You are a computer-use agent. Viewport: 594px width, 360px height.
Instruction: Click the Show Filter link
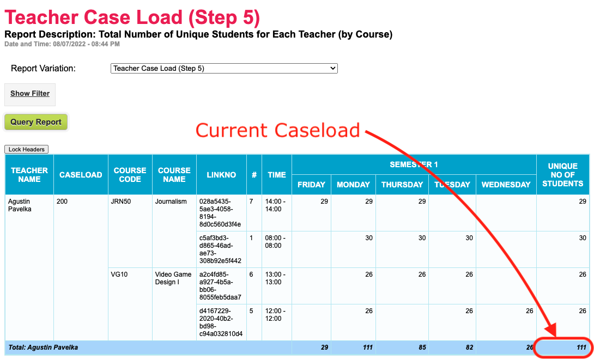tap(30, 94)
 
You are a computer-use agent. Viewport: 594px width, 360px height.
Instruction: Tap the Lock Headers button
tap(27, 149)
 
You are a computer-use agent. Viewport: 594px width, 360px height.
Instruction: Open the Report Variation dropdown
tap(224, 69)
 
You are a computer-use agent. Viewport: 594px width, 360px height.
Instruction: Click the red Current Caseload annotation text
tap(278, 130)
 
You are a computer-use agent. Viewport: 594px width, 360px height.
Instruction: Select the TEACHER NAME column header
tap(29, 174)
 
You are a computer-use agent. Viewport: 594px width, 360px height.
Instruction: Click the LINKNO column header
tap(221, 175)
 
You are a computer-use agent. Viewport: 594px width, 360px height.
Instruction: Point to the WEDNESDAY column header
tap(506, 185)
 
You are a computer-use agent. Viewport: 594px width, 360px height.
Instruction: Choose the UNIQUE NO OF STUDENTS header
tap(562, 175)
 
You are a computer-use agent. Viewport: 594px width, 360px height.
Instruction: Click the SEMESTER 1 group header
tap(414, 164)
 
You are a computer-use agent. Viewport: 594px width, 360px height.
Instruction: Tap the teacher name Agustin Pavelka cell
tap(20, 205)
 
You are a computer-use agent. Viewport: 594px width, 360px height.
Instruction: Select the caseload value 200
tap(62, 202)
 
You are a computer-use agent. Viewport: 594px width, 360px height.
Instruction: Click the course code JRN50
tap(121, 202)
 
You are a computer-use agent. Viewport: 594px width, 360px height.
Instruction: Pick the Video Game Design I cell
tap(173, 278)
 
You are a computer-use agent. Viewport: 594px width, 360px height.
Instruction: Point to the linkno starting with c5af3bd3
tap(220, 249)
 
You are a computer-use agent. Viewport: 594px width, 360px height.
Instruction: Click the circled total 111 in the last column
tap(581, 347)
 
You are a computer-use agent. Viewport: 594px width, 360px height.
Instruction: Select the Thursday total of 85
tap(422, 347)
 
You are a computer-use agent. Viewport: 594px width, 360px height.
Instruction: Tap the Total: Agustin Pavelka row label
tap(43, 347)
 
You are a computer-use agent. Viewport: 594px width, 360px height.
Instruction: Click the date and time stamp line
tap(62, 44)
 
